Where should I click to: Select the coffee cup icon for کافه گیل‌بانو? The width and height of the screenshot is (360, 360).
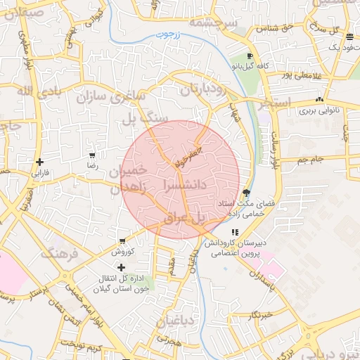point(250,56)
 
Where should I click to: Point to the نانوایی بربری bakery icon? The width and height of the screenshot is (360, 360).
point(320,100)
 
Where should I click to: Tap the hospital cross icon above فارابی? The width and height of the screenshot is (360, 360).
point(39,162)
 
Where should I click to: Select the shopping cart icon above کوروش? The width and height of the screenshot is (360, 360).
point(122,240)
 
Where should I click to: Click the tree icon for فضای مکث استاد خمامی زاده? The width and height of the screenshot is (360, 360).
point(245,193)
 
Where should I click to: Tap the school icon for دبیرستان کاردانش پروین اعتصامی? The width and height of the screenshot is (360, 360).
point(235,231)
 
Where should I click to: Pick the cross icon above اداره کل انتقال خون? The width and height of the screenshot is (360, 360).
point(122,267)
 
